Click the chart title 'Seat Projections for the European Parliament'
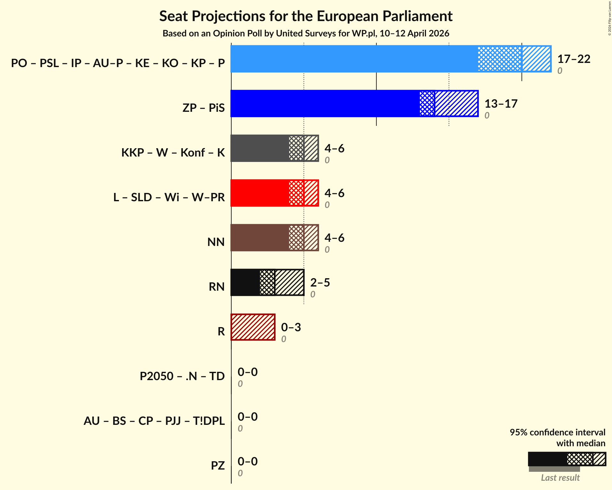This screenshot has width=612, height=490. pos(306,16)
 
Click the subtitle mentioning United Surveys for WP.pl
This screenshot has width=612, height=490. pos(306,34)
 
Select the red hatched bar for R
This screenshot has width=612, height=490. pos(253,327)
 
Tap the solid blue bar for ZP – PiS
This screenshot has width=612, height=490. pos(324,103)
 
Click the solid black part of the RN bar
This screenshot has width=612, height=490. pos(245,282)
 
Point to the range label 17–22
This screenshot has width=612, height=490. pos(574,59)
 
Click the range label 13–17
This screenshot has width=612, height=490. pos(501,104)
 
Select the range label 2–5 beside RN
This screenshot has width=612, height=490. pos(320,283)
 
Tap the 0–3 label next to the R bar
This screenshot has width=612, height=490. pos(291,327)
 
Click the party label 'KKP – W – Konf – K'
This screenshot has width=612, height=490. pos(173,153)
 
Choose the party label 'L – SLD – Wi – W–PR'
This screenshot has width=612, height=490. pos(169,197)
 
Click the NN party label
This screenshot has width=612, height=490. pos(216,242)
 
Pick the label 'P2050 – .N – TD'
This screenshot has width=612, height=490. pos(182,376)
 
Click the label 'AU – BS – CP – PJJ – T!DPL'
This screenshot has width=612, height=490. pos(154,421)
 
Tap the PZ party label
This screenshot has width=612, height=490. pos(218,466)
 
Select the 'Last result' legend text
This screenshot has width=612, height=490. pos(560,478)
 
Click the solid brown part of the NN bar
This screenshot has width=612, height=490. pos(260,238)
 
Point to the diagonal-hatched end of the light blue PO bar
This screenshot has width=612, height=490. pos(536,59)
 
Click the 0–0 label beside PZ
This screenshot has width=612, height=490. pos(247,462)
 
